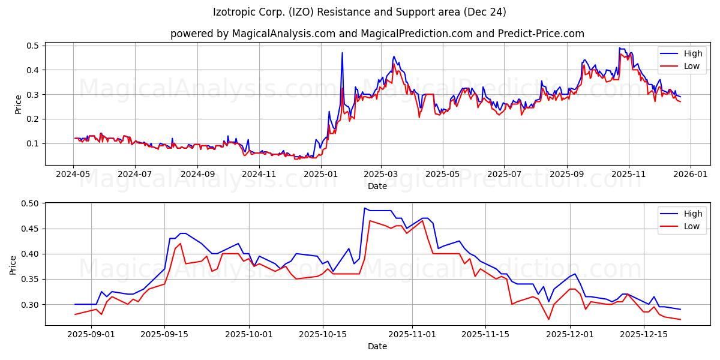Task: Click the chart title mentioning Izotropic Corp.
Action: pos(359,12)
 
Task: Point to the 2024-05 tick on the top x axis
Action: pos(74,174)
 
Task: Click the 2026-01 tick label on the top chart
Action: pos(690,174)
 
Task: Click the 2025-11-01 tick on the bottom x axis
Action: pos(412,334)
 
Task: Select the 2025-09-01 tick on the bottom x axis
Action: pos(91,334)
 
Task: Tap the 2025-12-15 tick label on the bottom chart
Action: pos(644,334)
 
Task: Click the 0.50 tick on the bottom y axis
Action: pos(29,203)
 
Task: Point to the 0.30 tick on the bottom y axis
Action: pos(29,305)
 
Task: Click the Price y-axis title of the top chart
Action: pos(18,104)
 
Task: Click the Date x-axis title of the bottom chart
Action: pos(377,346)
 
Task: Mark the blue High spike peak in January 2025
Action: pos(343,53)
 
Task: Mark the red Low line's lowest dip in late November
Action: pos(548,319)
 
